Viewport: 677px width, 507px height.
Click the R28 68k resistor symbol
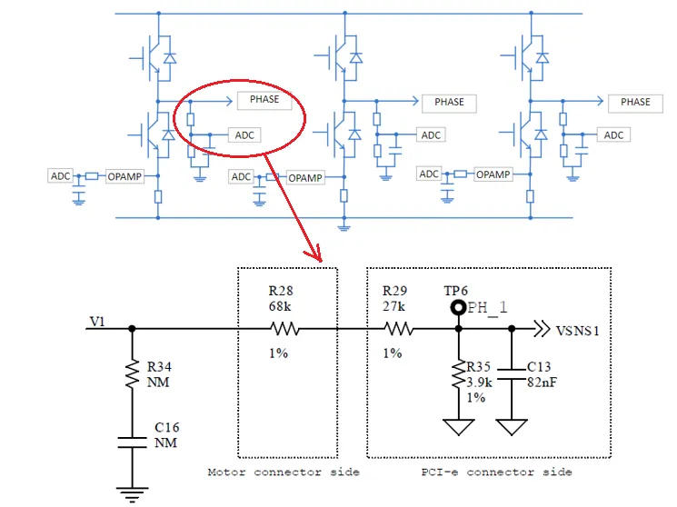click(284, 329)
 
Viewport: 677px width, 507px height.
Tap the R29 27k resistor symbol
click(399, 329)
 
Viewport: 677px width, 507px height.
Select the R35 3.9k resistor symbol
click(458, 375)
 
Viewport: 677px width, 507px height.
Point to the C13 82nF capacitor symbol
click(512, 374)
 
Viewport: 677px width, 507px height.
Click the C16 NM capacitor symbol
click(132, 442)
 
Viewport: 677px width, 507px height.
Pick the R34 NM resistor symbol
click(132, 374)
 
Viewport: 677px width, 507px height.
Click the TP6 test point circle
click(458, 307)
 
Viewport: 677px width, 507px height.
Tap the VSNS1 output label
click(577, 331)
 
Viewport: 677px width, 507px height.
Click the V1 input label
click(97, 322)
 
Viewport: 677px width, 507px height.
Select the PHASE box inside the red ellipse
click(264, 100)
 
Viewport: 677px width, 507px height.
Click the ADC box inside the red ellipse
click(244, 135)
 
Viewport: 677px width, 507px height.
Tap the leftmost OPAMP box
click(124, 176)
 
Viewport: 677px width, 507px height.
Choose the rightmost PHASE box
click(635, 103)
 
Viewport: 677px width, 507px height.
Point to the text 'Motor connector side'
click(284, 472)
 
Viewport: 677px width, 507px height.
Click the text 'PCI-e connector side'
click(496, 472)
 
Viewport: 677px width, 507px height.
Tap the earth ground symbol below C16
click(132, 495)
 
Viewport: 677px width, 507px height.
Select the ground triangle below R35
click(458, 427)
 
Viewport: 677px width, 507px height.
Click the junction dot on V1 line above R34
click(132, 329)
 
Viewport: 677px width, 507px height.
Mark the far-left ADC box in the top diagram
click(60, 176)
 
